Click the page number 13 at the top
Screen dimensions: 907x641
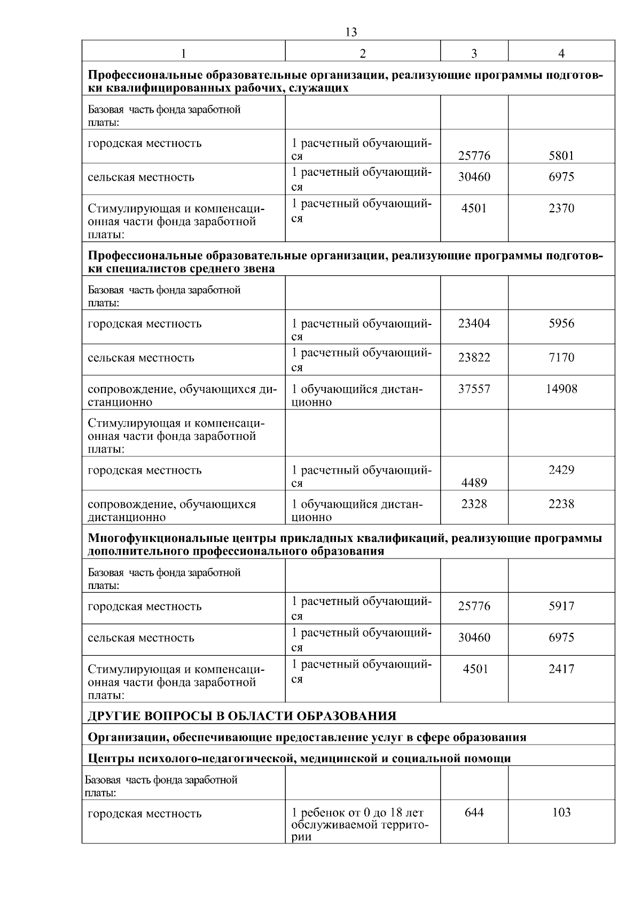coord(351,32)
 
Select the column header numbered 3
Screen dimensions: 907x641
coord(474,53)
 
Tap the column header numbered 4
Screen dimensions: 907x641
coord(561,53)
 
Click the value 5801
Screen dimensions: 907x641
coord(561,156)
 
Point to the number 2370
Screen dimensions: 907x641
coord(561,208)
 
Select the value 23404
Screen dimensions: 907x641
coord(474,323)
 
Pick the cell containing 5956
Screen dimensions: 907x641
coord(561,323)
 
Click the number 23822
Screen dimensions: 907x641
coord(474,357)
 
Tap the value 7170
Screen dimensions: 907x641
coord(561,357)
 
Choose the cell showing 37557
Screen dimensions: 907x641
coord(474,389)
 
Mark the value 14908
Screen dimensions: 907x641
coord(561,389)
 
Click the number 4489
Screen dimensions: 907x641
coord(474,483)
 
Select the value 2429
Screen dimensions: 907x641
coord(561,470)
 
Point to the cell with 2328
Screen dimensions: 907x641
coord(474,503)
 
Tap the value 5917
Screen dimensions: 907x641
coord(561,606)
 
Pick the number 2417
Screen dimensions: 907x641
coord(561,669)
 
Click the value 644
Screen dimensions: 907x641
coord(474,812)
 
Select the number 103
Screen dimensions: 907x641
coord(561,812)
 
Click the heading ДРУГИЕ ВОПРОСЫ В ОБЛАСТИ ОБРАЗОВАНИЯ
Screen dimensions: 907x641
coord(241,716)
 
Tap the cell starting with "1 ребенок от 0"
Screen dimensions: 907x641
coord(361,824)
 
